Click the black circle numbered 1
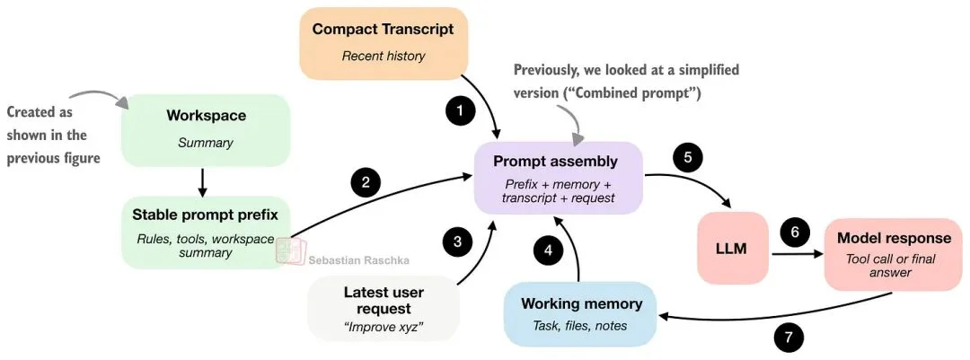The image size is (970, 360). tap(460, 111)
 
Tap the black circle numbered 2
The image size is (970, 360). tap(366, 182)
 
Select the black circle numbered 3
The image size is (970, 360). tap(457, 241)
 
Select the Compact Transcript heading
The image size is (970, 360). tap(383, 29)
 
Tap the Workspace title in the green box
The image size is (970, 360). tap(206, 116)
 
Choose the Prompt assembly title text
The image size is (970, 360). tap(555, 162)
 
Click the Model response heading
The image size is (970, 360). tap(894, 238)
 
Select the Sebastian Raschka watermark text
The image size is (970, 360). tap(358, 259)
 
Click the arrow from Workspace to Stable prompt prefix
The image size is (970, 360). tap(202, 181)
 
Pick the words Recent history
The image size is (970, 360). tap(383, 56)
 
